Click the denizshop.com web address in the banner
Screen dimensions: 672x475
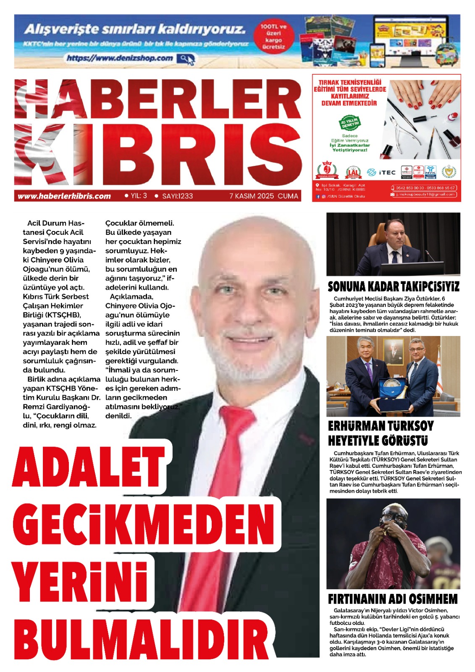120,58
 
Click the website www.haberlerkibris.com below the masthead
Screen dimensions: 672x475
64,196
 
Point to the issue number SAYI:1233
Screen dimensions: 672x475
177,196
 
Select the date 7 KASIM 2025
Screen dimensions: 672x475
251,196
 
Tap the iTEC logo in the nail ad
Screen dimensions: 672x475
382,172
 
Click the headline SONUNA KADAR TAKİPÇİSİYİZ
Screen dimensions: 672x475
393,287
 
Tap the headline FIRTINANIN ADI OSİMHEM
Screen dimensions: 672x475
393,598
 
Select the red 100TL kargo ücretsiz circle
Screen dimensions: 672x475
273,37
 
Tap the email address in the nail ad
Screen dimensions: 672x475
425,194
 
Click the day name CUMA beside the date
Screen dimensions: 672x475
288,196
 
